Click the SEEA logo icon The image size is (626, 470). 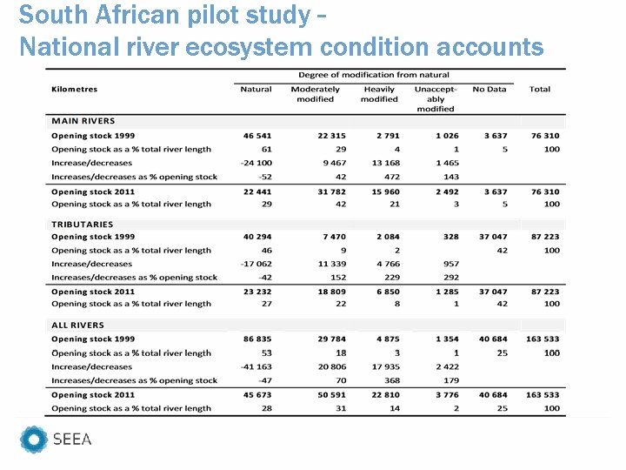pos(34,440)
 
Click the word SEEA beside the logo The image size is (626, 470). pos(72,440)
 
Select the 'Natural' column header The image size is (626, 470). pos(256,89)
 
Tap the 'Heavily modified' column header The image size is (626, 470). pos(379,94)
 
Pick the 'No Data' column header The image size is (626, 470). pos(489,89)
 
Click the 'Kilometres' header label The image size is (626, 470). pos(75,89)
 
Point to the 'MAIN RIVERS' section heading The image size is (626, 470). pos(83,121)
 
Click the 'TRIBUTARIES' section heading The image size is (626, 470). pos(83,225)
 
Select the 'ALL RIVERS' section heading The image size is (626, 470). pos(78,326)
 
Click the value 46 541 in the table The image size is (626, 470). pos(257,136)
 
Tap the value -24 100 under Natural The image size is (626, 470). pos(256,163)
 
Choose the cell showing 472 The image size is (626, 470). pos(391,177)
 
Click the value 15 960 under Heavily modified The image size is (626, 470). pos(383,191)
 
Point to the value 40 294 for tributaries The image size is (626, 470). pos(257,237)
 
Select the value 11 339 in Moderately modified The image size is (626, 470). pos(331,264)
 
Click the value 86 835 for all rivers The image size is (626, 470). pos(257,339)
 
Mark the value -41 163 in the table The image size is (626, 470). pos(256,366)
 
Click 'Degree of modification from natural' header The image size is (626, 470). pos(374,75)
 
